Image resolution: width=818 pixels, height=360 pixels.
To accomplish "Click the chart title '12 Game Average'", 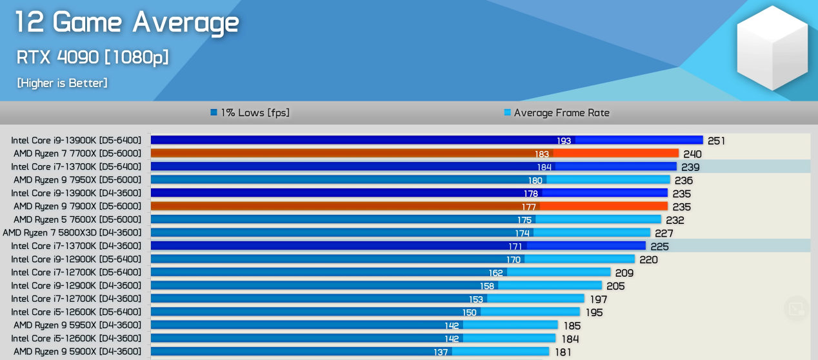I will point(127,23).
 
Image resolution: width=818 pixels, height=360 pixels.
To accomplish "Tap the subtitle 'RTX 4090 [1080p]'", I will point(93,57).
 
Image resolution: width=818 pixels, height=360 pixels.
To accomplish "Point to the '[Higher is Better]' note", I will point(62,83).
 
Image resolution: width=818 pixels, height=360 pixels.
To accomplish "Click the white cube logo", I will point(772,48).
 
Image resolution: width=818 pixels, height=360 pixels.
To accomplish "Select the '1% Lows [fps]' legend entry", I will point(250,113).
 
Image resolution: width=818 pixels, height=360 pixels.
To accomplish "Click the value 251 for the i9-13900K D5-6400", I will point(716,141).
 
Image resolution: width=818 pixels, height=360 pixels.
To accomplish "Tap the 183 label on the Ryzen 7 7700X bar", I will point(542,154).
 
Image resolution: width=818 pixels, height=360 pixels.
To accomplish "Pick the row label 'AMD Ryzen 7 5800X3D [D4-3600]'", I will point(72,232).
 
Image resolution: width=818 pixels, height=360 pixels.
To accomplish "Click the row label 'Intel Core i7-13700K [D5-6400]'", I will point(76,166).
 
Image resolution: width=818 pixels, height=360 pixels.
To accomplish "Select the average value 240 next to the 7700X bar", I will point(692,154).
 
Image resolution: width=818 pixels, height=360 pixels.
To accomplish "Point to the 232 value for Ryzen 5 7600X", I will point(675,219).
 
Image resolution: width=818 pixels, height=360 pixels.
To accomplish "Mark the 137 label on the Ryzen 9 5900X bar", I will point(441,352).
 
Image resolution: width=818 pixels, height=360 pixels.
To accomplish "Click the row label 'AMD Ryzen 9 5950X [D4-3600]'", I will point(77,325).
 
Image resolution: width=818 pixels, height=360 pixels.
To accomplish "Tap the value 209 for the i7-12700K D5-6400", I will point(624,272).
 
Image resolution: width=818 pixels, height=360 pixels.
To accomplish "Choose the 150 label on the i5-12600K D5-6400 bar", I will point(469,312).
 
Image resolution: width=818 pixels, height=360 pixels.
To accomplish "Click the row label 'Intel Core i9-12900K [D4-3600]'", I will point(76,285).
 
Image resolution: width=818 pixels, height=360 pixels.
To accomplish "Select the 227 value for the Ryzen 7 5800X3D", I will point(664,233).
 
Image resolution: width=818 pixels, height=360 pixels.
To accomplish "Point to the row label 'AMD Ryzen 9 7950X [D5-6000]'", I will point(77,180).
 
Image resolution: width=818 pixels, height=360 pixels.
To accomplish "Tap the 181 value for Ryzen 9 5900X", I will point(563,352).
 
